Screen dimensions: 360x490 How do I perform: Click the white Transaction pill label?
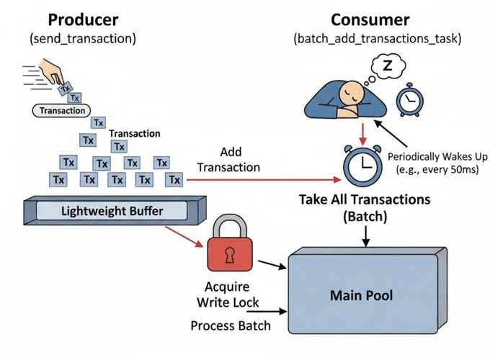tap(61, 111)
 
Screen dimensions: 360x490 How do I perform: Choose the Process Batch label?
tap(231, 325)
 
